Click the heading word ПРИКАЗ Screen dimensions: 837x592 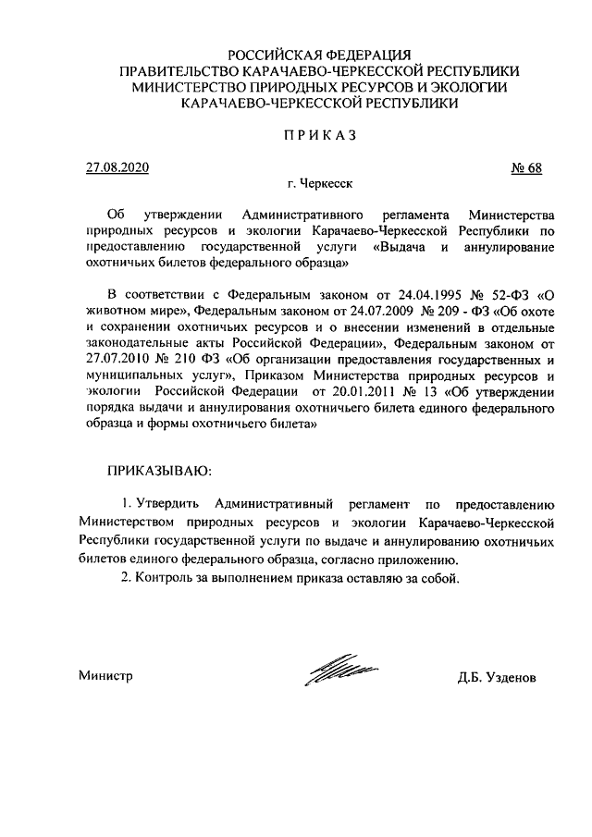click(319, 135)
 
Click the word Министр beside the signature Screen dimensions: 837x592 click(106, 676)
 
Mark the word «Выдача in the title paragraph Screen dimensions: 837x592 click(405, 248)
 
